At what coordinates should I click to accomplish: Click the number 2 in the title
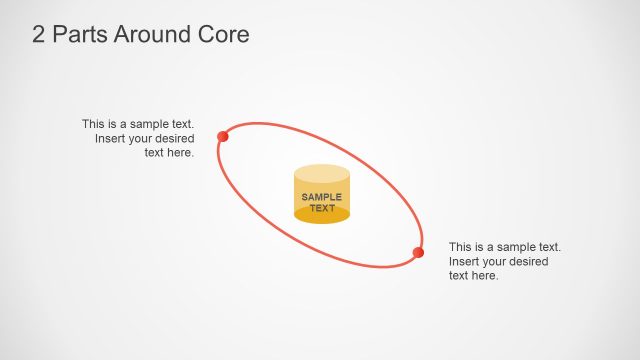pyautogui.click(x=40, y=35)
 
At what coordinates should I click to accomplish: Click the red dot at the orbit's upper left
pyautogui.click(x=223, y=136)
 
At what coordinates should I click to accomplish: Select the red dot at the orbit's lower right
pyautogui.click(x=418, y=252)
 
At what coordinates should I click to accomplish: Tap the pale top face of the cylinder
pyautogui.click(x=322, y=174)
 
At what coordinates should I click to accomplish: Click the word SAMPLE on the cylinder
pyautogui.click(x=322, y=197)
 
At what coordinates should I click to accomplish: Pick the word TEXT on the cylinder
pyautogui.click(x=322, y=208)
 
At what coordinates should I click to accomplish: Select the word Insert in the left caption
pyautogui.click(x=111, y=138)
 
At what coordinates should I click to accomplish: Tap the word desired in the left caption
pyautogui.click(x=174, y=138)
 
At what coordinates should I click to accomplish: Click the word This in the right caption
pyautogui.click(x=461, y=247)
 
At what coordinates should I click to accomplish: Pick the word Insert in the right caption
pyautogui.click(x=465, y=261)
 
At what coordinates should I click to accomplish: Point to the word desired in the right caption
pyautogui.click(x=528, y=261)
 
